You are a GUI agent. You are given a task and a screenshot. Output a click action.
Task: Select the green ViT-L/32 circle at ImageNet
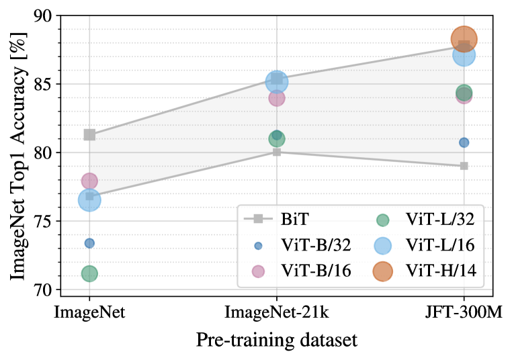click(89, 273)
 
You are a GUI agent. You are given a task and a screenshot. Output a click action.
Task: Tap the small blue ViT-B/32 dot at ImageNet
click(89, 243)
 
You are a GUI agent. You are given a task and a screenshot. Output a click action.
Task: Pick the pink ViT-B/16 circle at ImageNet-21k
click(277, 98)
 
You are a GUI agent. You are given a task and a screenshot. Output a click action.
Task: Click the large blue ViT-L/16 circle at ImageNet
click(89, 199)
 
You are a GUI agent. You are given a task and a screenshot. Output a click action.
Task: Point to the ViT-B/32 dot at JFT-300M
click(464, 142)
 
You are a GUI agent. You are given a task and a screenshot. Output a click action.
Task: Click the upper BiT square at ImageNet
click(89, 135)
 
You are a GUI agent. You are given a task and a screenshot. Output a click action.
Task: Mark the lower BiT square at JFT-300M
click(464, 166)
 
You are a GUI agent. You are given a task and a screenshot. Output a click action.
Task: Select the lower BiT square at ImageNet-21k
click(277, 152)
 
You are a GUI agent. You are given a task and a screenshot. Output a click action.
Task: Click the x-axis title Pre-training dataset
click(277, 341)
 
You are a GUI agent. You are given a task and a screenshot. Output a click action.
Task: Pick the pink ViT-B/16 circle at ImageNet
click(89, 181)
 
